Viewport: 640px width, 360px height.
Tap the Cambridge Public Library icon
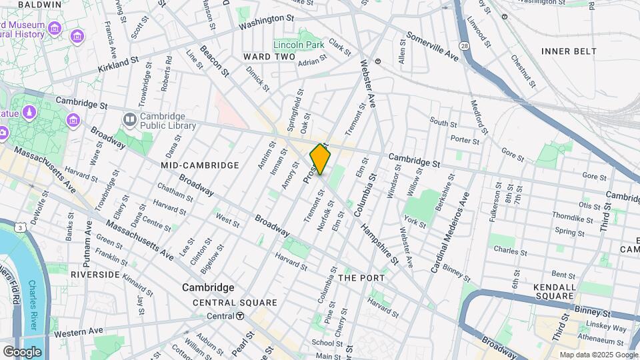[x=129, y=119]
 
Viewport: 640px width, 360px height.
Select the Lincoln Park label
[x=309, y=45]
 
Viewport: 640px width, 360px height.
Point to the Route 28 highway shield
[x=463, y=43]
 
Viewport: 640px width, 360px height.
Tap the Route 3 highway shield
[x=22, y=227]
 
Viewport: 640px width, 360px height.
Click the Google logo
[x=22, y=351]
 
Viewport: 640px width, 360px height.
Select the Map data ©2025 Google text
[x=598, y=355]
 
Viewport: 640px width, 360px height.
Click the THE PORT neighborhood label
[x=361, y=277]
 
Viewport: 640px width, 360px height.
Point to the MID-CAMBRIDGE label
[x=199, y=165]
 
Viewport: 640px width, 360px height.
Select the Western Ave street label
[x=78, y=331]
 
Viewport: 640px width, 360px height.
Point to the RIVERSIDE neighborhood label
[x=95, y=275]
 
